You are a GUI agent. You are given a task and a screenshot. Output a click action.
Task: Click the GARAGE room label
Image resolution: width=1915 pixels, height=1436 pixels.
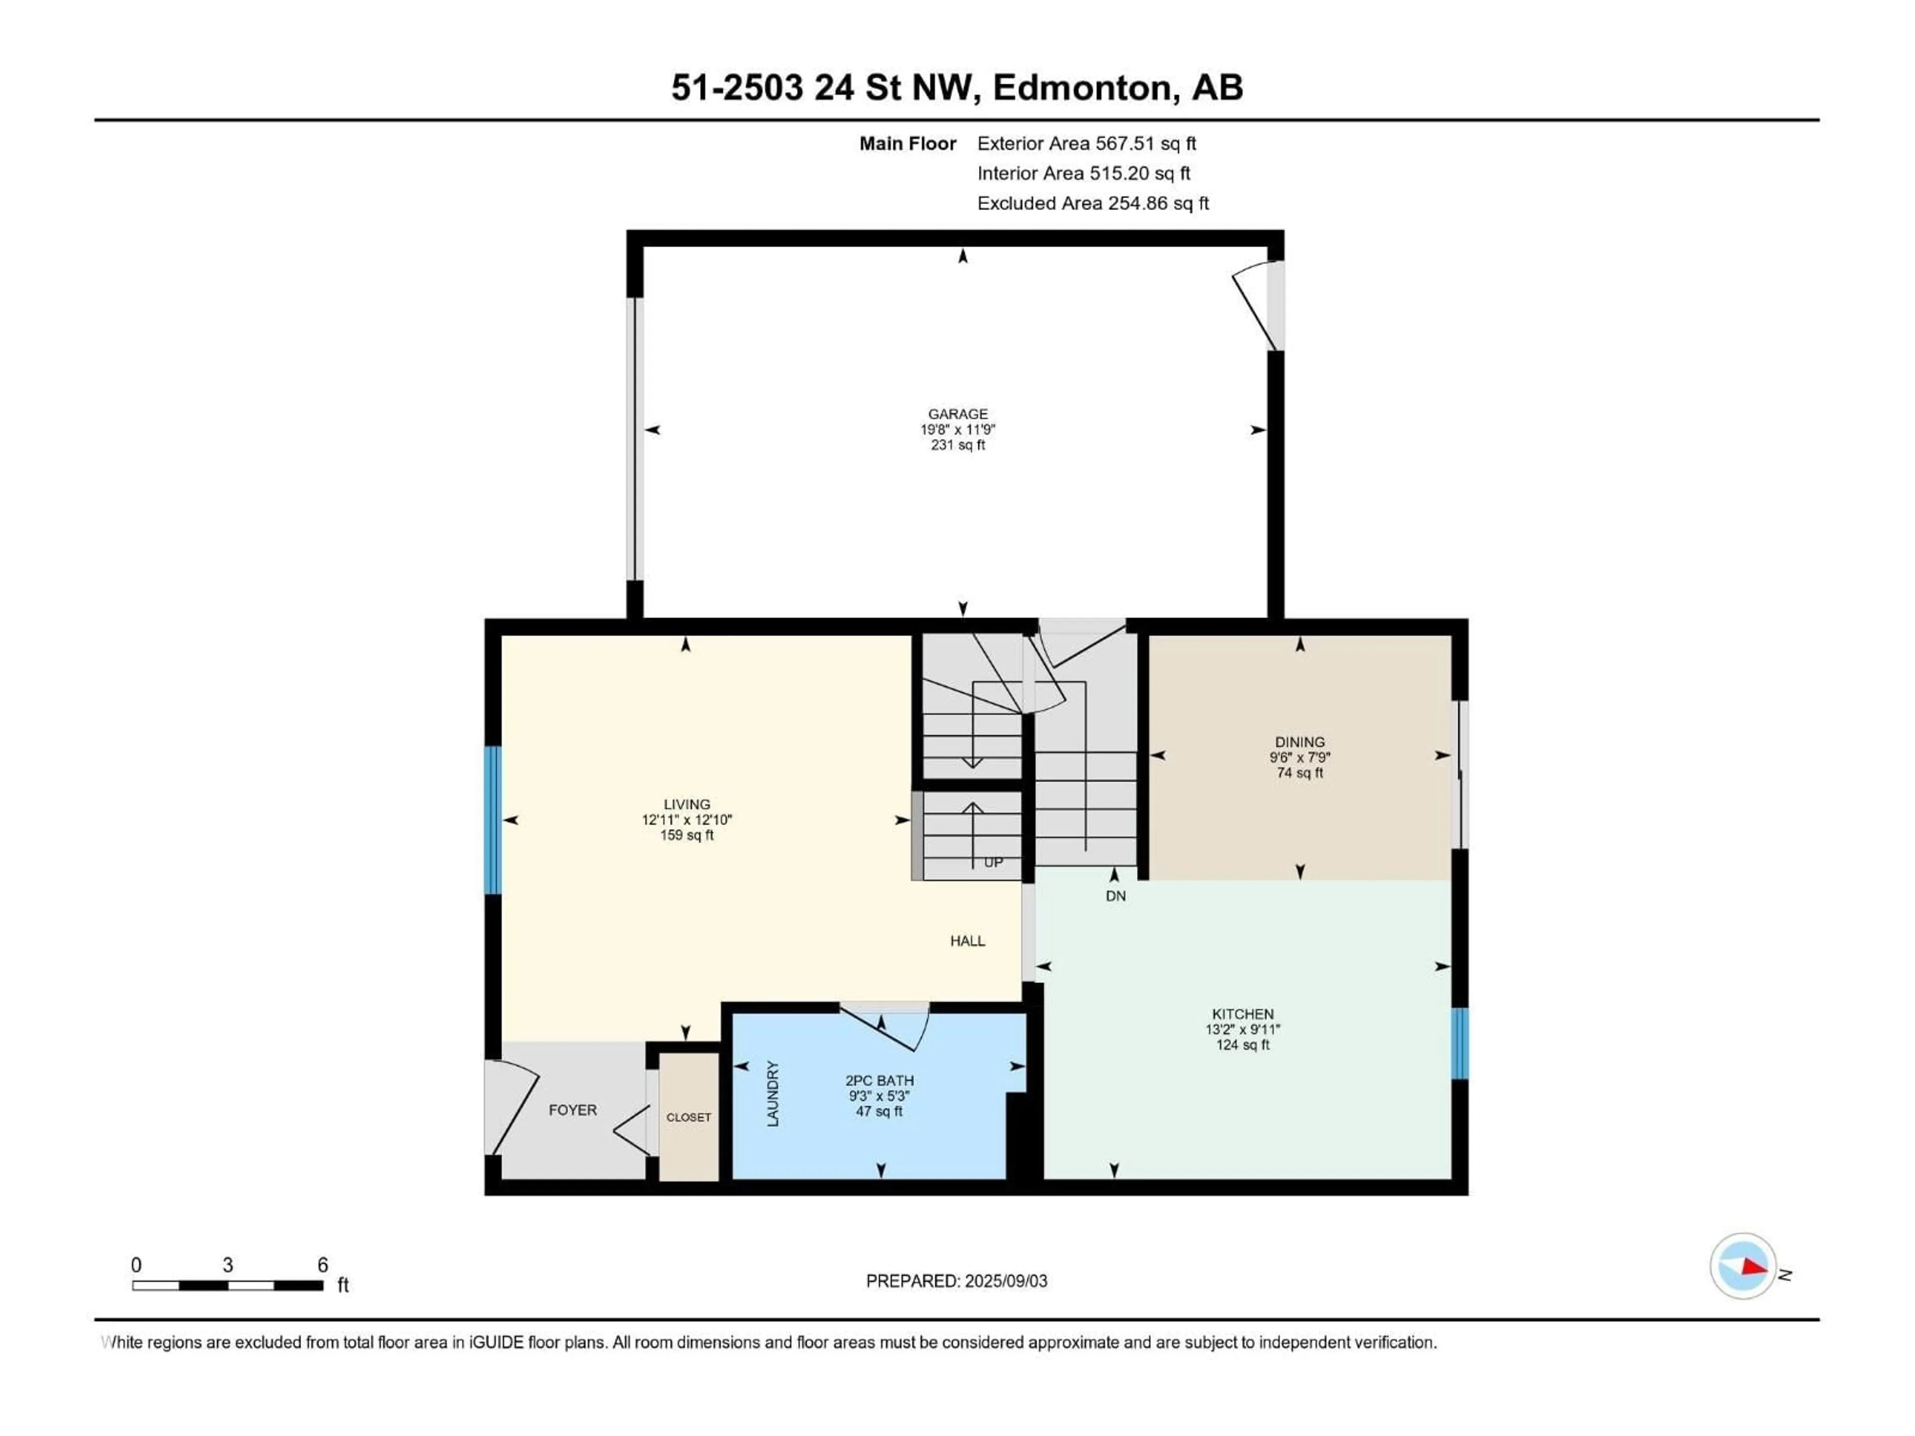[957, 414]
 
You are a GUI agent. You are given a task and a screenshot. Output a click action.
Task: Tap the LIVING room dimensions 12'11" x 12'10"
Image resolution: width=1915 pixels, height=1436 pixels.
[687, 820]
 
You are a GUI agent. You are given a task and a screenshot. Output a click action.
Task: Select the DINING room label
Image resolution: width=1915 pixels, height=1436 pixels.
[1300, 742]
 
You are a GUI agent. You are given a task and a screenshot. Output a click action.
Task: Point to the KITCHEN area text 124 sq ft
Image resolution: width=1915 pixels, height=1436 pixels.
[1242, 1045]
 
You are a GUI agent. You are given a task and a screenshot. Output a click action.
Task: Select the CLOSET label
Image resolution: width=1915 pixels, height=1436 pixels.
[688, 1117]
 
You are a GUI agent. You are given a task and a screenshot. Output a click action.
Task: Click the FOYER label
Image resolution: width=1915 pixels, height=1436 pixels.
[572, 1110]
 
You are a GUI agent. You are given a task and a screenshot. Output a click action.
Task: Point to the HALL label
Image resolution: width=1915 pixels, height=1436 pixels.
[967, 941]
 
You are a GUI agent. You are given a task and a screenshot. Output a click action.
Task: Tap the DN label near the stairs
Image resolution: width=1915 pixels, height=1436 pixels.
[1115, 896]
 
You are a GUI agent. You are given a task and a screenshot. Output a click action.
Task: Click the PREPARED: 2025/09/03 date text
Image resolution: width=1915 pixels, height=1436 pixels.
[956, 1281]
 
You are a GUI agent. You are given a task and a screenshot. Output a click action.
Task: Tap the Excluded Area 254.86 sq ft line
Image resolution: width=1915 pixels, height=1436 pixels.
[1093, 203]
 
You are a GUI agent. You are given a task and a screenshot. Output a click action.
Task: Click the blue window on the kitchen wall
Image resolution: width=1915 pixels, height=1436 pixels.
[1460, 1043]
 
